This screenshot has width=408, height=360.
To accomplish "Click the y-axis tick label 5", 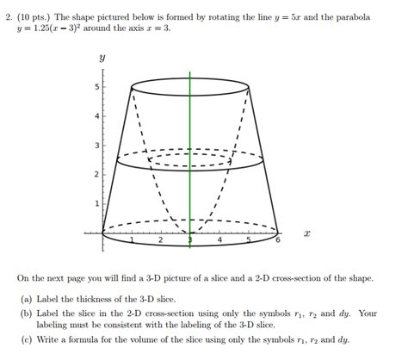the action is (x=96, y=87).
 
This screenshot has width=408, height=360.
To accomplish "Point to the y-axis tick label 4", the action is (x=96, y=115).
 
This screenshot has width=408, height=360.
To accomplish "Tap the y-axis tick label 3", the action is (x=96, y=145).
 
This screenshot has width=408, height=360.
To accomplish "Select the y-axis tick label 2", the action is (x=96, y=174).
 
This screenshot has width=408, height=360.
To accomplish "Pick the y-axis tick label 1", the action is (x=96, y=203).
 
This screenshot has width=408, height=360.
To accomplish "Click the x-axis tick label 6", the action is (x=278, y=240).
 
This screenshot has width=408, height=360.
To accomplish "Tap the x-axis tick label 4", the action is (x=219, y=240).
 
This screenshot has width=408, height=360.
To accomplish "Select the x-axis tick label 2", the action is (x=161, y=240).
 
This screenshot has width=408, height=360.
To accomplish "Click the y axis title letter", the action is (x=102, y=58).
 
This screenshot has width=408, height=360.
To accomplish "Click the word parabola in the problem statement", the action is (x=352, y=16).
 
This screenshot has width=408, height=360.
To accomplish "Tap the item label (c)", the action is (x=27, y=339).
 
